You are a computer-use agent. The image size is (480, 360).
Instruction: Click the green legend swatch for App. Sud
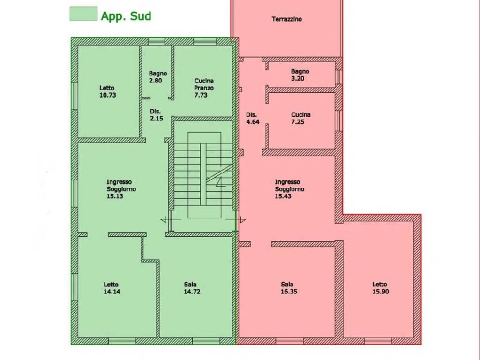coord(83,14)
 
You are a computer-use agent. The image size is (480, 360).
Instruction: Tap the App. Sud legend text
coord(126,16)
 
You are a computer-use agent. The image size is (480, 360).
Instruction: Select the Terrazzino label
coord(286,19)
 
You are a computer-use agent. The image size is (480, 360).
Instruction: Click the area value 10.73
coord(108,95)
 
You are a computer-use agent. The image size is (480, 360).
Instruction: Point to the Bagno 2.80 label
coord(157,77)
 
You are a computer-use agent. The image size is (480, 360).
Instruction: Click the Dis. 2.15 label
coord(156,115)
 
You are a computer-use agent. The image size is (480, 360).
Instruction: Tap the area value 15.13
coord(115,196)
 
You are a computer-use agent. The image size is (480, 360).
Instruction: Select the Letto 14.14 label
coord(112,288)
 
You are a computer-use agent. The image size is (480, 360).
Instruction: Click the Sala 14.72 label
coord(192,288)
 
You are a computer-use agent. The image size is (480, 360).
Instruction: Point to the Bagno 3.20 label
coord(300,75)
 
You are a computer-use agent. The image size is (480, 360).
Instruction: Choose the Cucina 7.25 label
coord(300,118)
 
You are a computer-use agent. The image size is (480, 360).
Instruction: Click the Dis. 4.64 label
coord(253,118)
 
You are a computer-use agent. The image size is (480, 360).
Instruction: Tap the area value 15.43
coord(283,196)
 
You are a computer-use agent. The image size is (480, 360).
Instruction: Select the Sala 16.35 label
coord(289,288)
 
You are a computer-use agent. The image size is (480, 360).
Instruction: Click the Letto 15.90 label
coord(381,288)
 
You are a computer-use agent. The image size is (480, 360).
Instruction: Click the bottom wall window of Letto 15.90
coord(378,341)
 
